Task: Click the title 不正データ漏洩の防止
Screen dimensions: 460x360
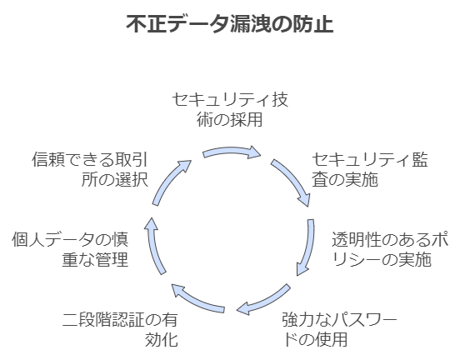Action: [230, 24]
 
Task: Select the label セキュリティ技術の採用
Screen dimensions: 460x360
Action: [230, 110]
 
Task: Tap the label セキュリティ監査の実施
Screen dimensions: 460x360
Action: [370, 170]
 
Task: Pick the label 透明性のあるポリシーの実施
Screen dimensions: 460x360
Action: [390, 249]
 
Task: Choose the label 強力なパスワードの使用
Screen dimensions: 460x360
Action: [339, 329]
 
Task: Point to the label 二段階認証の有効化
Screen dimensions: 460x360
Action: [120, 329]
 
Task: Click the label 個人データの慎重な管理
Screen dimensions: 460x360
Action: [70, 249]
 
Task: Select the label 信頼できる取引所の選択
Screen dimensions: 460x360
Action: [90, 170]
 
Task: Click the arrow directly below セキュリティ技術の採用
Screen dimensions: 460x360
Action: [232, 151]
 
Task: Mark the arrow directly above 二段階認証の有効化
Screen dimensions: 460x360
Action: [196, 302]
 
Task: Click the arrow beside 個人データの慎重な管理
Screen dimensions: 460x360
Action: [153, 247]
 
